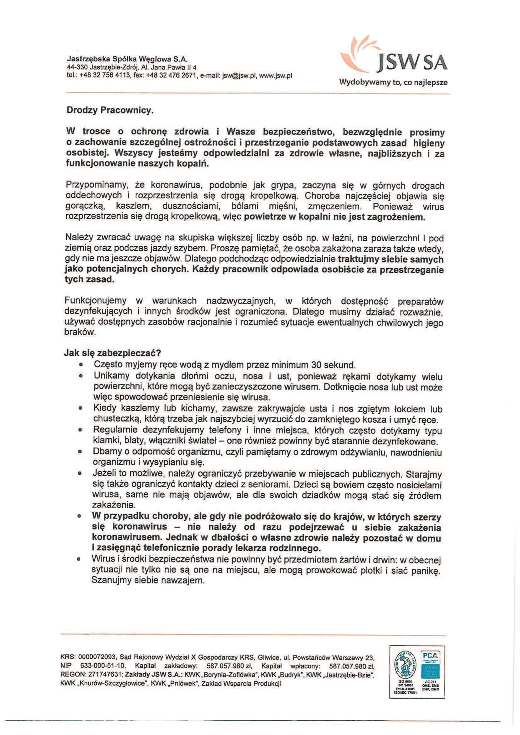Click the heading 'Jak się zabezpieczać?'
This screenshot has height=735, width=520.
tap(112, 353)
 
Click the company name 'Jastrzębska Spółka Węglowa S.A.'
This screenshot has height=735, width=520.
tap(127, 59)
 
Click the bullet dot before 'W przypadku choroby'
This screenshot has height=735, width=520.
tap(79, 516)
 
